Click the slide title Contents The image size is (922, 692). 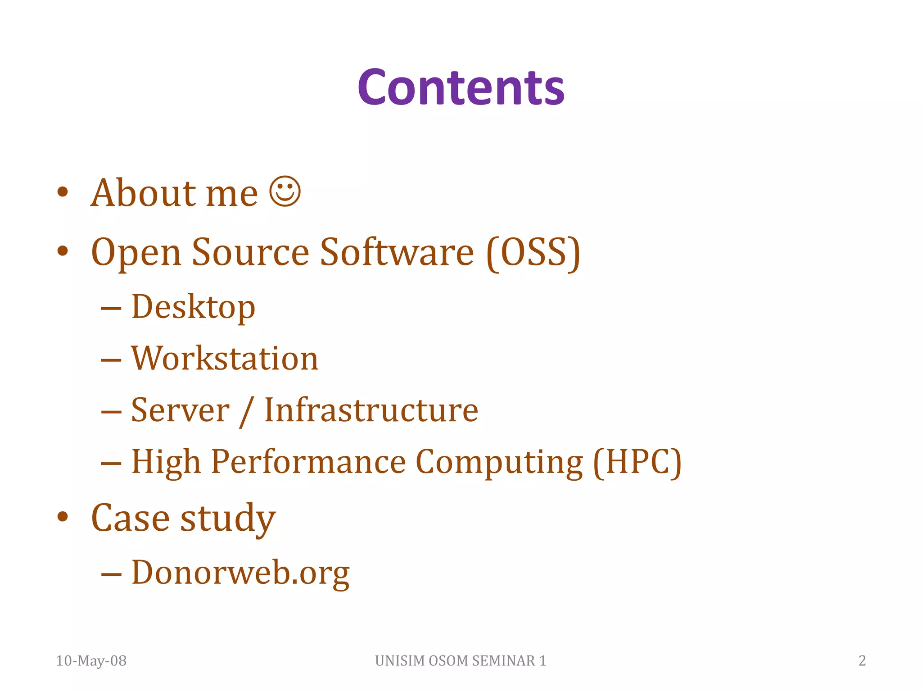461,87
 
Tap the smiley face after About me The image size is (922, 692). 285,191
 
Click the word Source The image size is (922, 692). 250,252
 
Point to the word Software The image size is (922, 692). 397,252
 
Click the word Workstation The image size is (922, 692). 225,359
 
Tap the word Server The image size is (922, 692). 180,410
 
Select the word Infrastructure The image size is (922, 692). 371,410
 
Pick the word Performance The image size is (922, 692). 308,462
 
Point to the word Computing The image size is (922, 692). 499,463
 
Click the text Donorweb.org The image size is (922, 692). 240,573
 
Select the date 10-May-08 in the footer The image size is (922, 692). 91,660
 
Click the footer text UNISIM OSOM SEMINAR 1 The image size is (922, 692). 461,660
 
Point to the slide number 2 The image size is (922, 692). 862,660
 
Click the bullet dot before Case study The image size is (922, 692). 63,517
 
